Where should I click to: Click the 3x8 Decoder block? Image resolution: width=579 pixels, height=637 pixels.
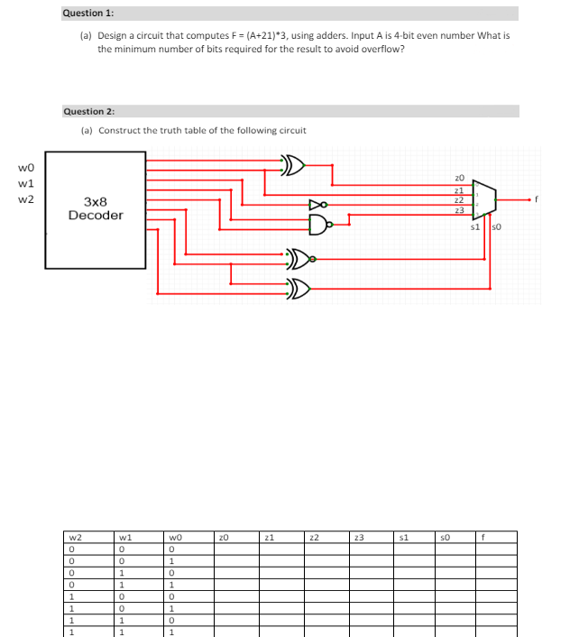[x=96, y=209]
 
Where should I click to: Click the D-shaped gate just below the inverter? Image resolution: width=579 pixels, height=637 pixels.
[x=317, y=222]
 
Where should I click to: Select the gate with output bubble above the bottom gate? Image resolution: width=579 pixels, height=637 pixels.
[x=299, y=261]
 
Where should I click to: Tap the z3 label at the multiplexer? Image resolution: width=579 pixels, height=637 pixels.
[x=459, y=210]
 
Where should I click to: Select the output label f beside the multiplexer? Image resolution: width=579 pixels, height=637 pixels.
[x=537, y=198]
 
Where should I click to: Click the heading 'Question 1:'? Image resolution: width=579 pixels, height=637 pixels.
[x=88, y=14]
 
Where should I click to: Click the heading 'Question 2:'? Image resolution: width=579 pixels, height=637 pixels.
[x=88, y=111]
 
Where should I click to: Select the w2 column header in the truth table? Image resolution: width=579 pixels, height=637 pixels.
[x=77, y=536]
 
